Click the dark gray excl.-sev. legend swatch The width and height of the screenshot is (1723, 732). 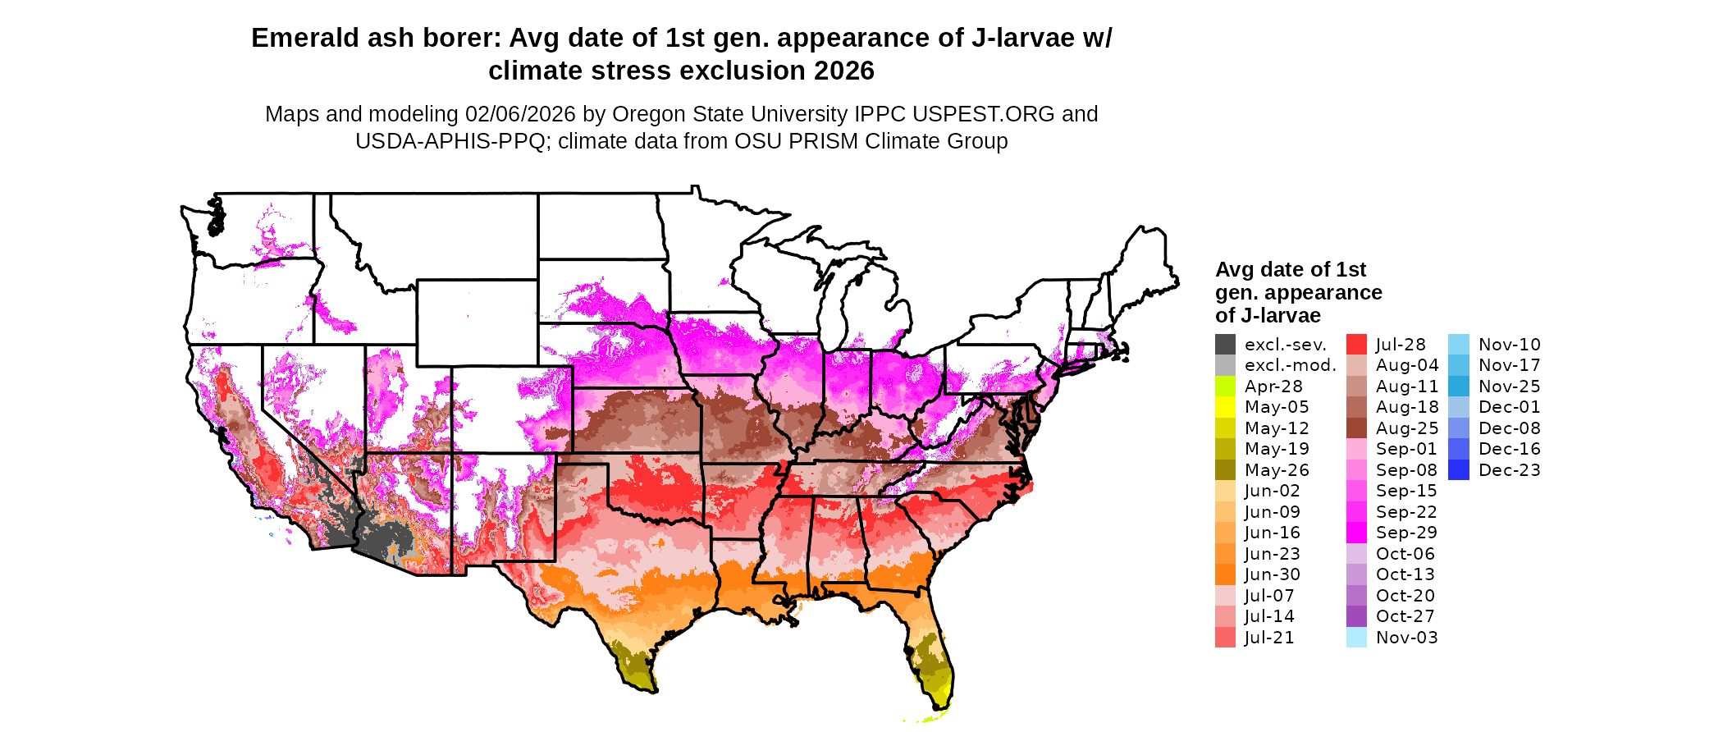1225,345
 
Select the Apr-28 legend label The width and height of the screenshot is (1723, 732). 1273,387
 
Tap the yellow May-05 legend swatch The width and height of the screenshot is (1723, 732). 1225,407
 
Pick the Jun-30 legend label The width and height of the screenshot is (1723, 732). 1273,574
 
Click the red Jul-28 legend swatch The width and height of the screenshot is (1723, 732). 1356,345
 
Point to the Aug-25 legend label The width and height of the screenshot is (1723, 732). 1407,428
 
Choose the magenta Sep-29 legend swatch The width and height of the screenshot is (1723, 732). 1356,533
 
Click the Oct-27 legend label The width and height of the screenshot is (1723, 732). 1405,616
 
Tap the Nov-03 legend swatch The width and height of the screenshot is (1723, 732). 1356,638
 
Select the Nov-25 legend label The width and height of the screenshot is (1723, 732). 1510,387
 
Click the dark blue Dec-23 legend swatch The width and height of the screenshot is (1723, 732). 1459,470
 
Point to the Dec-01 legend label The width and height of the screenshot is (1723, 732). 1510,407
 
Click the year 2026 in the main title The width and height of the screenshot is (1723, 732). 844,71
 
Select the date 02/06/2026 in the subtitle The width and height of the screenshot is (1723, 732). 520,114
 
